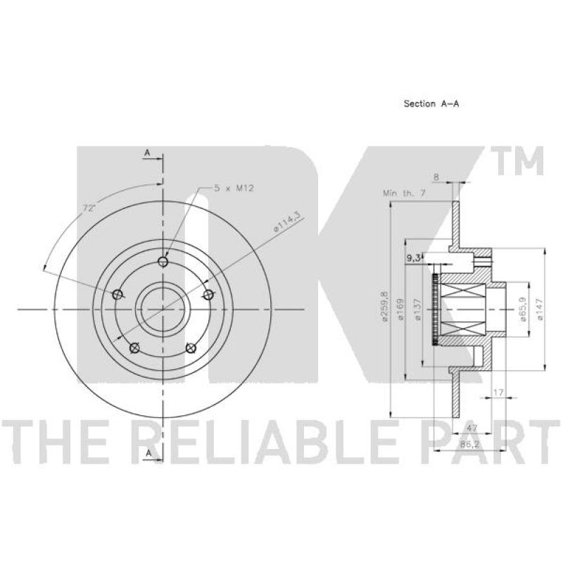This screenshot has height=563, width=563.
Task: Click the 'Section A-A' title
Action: (x=431, y=103)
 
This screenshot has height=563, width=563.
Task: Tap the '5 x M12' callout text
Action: (x=234, y=188)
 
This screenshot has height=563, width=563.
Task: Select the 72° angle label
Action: (x=89, y=208)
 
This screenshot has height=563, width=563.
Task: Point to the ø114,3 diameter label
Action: (x=286, y=223)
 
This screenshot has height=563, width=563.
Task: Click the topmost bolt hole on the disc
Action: (x=163, y=261)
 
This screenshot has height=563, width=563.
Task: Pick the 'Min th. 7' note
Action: (x=404, y=193)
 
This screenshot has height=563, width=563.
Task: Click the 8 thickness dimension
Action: (x=436, y=177)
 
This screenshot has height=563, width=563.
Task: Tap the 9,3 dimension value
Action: (x=414, y=258)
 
